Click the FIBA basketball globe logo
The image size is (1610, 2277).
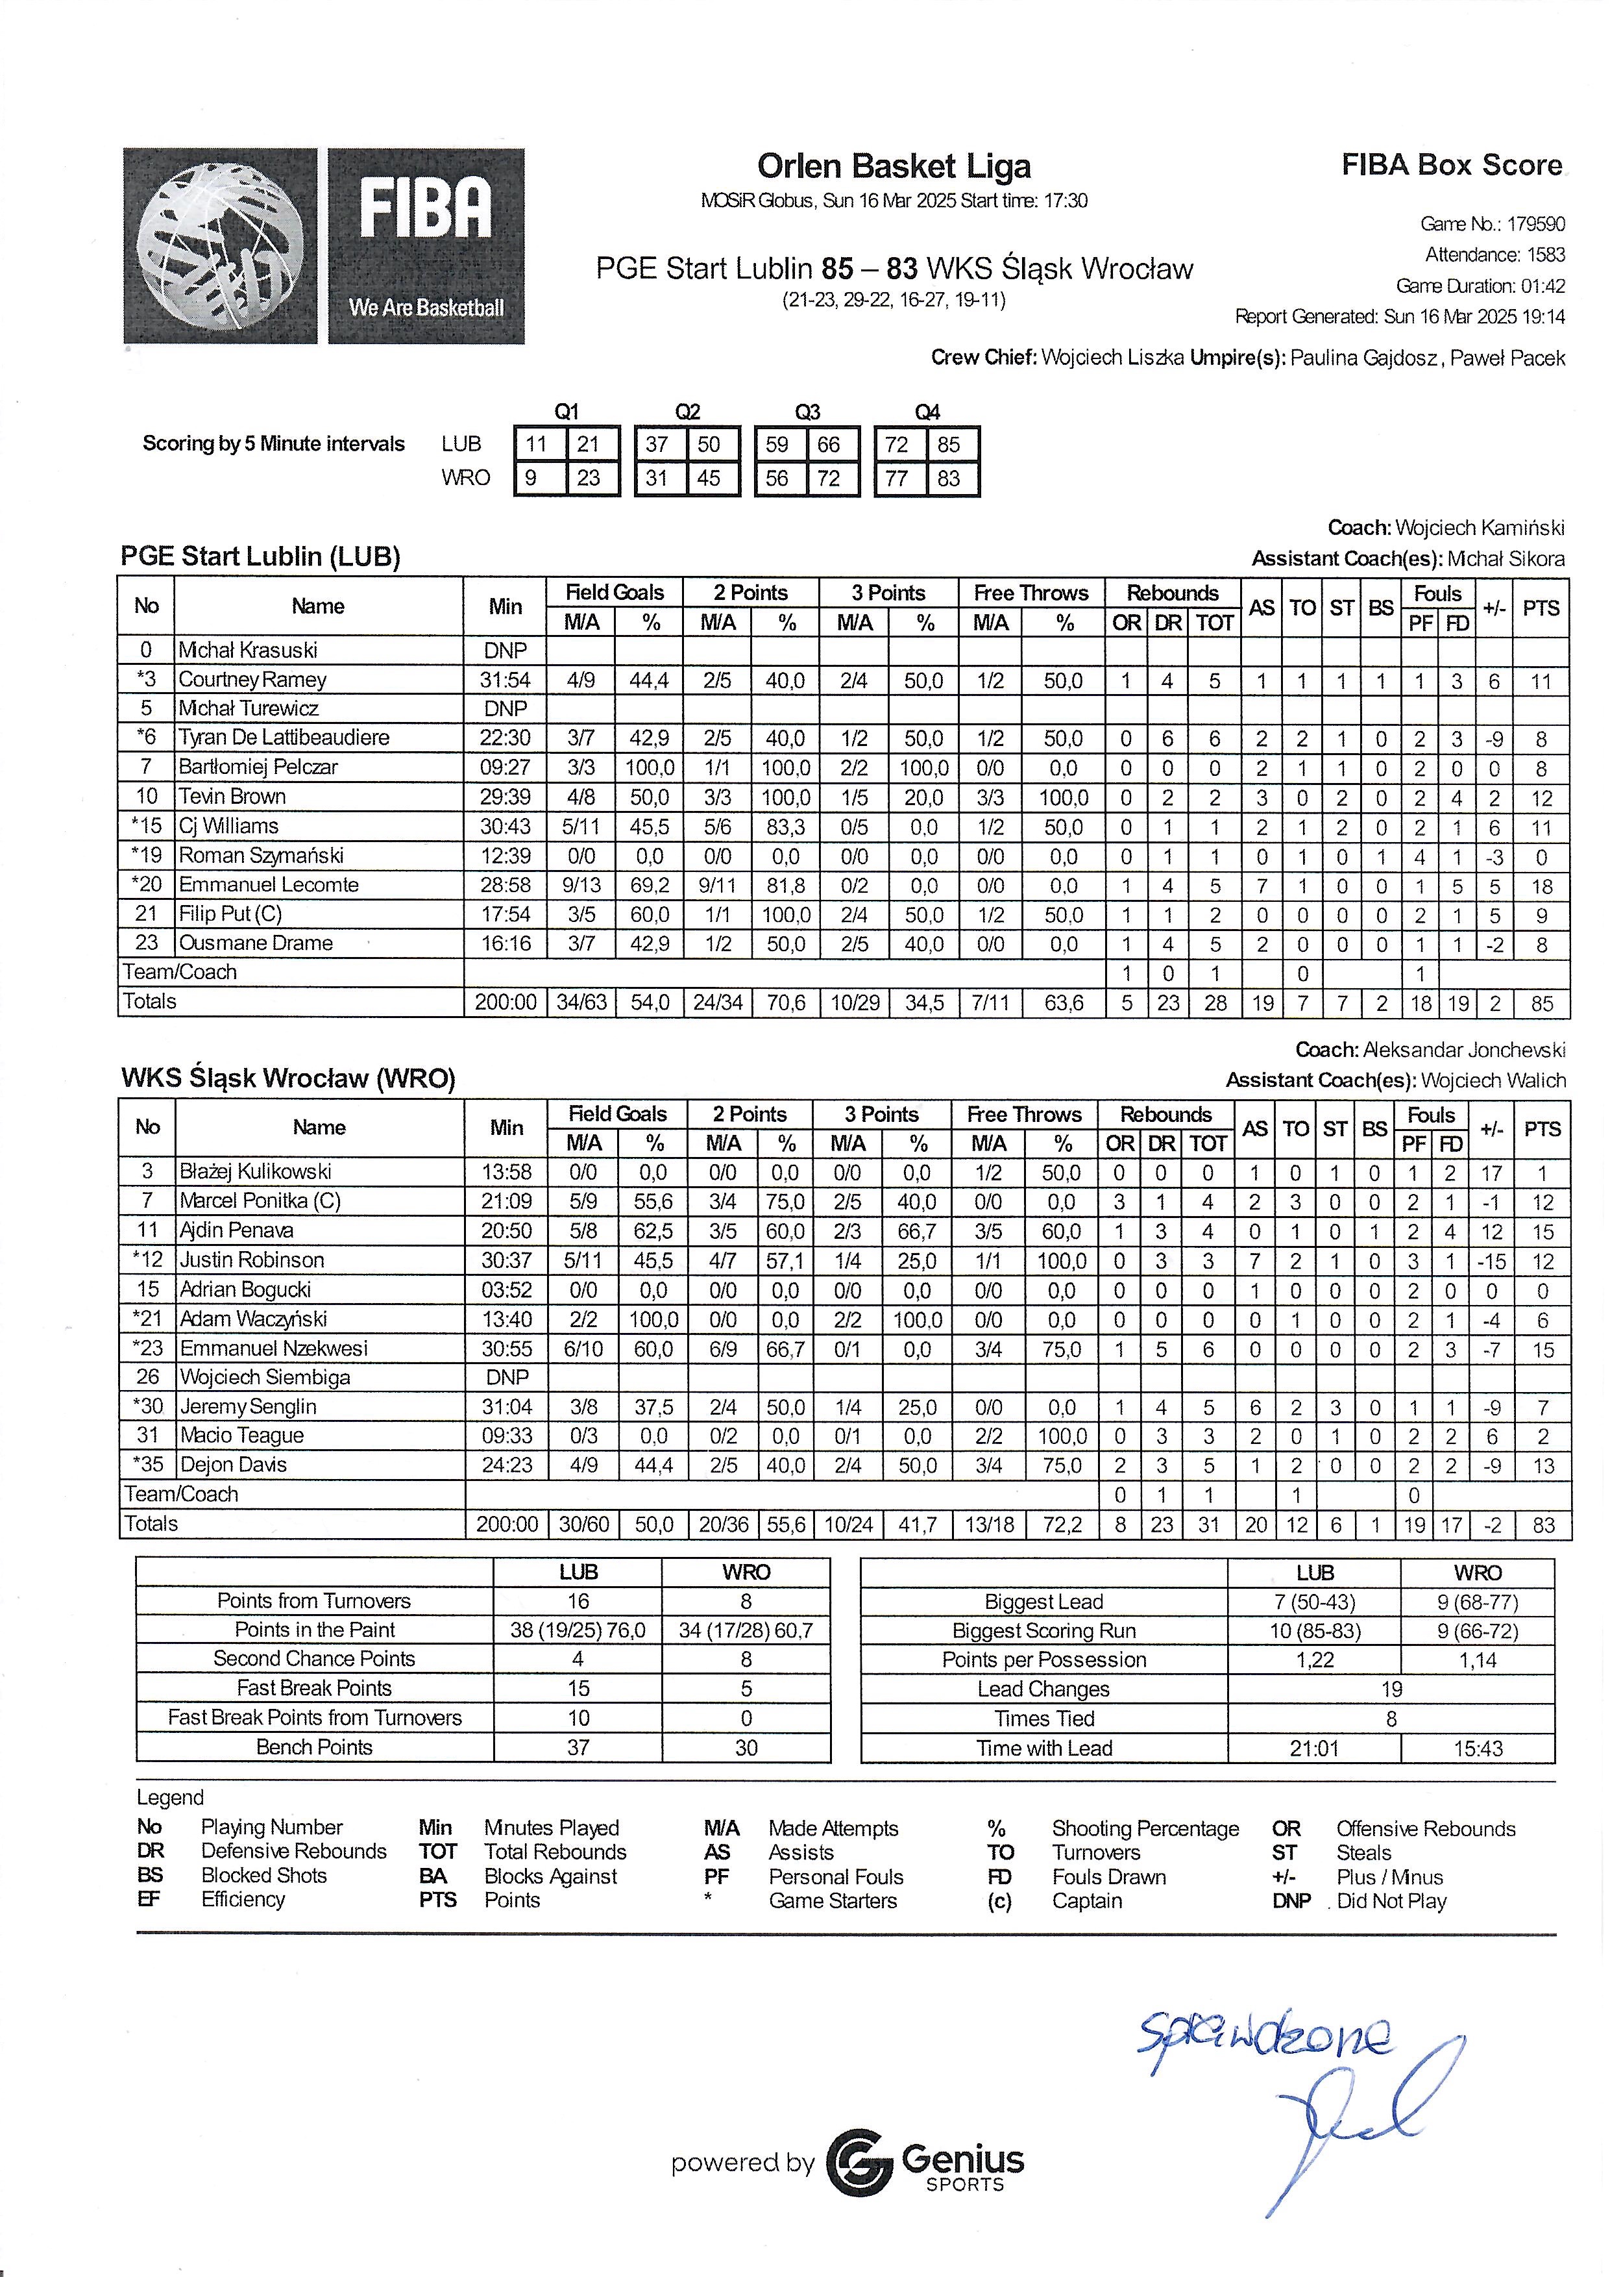(220, 246)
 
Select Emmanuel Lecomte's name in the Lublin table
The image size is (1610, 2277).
(269, 884)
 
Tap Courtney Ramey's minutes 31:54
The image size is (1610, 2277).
(505, 680)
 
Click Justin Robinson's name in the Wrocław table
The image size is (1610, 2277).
(252, 1260)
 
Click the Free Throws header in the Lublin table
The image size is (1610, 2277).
(1031, 593)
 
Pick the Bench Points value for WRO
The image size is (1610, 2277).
(746, 1747)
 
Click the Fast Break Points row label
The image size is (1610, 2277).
(314, 1688)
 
